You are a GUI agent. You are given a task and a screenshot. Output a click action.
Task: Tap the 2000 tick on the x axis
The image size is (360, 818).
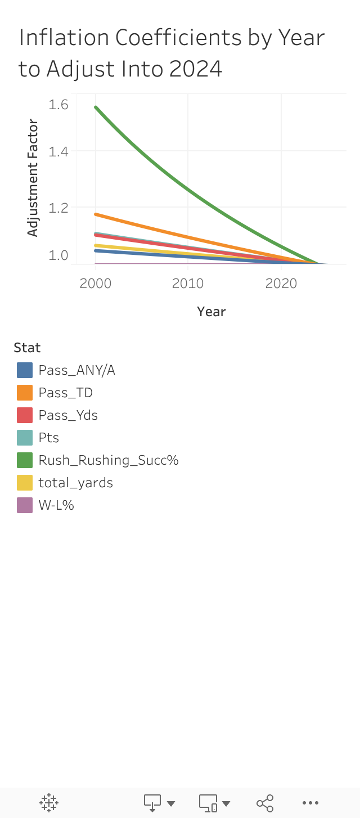(96, 283)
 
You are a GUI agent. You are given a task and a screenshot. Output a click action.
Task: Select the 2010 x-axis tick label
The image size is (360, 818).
(188, 283)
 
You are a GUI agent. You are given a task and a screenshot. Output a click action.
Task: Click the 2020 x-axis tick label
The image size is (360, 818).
(281, 283)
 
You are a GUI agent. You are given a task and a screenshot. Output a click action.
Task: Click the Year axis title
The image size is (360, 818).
(211, 312)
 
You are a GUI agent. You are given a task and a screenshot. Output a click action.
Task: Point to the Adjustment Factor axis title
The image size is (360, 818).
(33, 178)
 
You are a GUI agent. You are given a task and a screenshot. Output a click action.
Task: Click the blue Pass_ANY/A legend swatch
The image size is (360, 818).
(25, 370)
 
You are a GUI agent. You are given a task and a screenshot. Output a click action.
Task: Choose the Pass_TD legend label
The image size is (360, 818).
(65, 393)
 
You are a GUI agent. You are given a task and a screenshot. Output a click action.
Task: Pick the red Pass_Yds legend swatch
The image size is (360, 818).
(25, 415)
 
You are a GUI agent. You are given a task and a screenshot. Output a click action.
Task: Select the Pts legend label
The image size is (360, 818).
(49, 438)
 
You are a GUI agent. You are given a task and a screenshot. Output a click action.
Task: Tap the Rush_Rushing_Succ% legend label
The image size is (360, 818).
(108, 460)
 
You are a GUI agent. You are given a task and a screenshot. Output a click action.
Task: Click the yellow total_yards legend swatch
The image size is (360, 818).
(25, 483)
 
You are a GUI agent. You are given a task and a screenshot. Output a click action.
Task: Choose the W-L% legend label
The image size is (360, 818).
(56, 505)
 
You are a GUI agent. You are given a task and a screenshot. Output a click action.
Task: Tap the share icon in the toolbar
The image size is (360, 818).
(265, 803)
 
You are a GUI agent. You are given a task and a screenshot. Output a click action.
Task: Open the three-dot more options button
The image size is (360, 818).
(310, 803)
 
